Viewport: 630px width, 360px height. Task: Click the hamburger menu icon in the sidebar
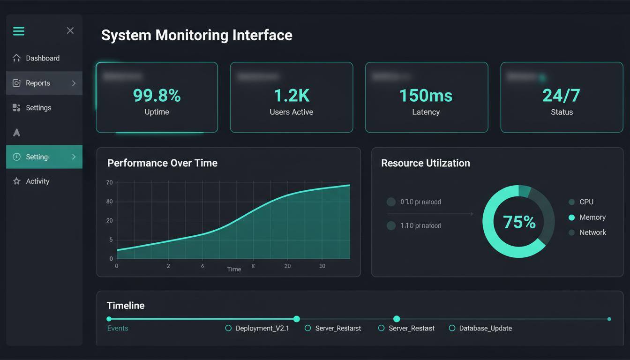pos(18,31)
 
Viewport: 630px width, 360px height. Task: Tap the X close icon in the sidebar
pos(70,30)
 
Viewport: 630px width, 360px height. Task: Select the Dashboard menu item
pos(42,58)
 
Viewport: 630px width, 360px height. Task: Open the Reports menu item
pos(38,83)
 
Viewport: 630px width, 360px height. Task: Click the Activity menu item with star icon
pos(37,181)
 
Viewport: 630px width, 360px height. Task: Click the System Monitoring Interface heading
pos(196,35)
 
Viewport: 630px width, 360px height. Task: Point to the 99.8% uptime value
pos(157,96)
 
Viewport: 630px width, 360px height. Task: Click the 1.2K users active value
pos(291,96)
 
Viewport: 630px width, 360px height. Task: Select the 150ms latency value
pos(426,96)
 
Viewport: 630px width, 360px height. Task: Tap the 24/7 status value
pos(561,96)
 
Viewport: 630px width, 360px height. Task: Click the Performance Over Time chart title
pos(162,163)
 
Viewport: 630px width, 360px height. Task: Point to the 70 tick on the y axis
pos(110,182)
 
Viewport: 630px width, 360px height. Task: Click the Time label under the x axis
pos(234,269)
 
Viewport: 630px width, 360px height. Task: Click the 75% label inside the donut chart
pos(519,222)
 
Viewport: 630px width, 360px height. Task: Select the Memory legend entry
pos(592,217)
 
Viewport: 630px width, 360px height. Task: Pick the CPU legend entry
pos(586,202)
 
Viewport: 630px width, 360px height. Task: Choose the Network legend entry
pos(592,232)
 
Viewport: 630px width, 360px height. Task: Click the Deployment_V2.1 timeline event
pos(262,328)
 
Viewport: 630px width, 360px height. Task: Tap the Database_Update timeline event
pos(485,328)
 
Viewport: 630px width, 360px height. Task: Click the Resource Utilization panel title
pos(425,163)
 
